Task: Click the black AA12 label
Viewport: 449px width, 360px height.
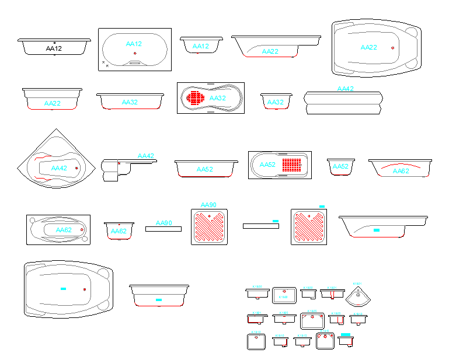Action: (54, 49)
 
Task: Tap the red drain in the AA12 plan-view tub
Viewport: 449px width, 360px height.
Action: (135, 53)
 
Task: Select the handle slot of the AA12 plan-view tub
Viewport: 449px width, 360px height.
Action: (135, 62)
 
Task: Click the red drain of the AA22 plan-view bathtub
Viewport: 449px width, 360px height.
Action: (393, 47)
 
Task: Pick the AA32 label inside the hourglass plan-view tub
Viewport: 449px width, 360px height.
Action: (217, 98)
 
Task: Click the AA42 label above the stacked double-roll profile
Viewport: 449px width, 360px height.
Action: (346, 89)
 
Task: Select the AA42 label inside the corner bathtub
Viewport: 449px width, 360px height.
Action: (59, 168)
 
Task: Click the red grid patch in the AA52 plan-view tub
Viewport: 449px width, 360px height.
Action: (294, 165)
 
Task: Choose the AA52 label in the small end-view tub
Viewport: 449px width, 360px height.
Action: (340, 166)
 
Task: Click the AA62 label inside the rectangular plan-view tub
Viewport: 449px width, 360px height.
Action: (64, 230)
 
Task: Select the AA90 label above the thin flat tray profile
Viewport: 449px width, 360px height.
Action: (163, 223)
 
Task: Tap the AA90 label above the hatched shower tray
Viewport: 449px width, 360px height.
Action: (208, 205)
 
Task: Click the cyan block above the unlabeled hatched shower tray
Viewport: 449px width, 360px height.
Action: (322, 206)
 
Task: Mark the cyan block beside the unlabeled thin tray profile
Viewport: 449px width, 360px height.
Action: (276, 221)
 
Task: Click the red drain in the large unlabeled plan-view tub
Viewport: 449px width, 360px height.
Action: (85, 289)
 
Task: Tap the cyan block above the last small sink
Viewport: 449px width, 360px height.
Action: (345, 334)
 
